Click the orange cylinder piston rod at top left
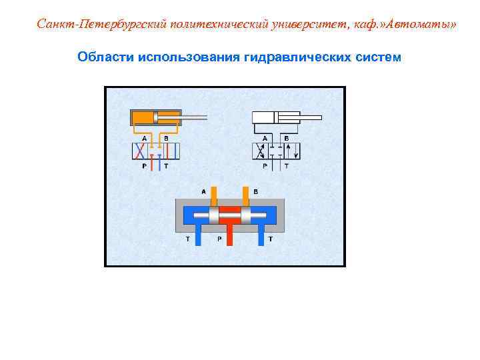tap(193, 118)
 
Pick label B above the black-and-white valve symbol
tap(286, 137)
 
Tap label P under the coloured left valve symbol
tap(145, 166)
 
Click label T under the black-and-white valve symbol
tap(287, 166)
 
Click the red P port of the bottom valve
tap(230, 235)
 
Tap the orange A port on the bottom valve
tap(213, 195)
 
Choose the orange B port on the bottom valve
tap(246, 195)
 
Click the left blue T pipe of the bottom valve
tap(197, 235)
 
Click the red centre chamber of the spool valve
tap(230, 215)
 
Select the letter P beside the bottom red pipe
tap(219, 238)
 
